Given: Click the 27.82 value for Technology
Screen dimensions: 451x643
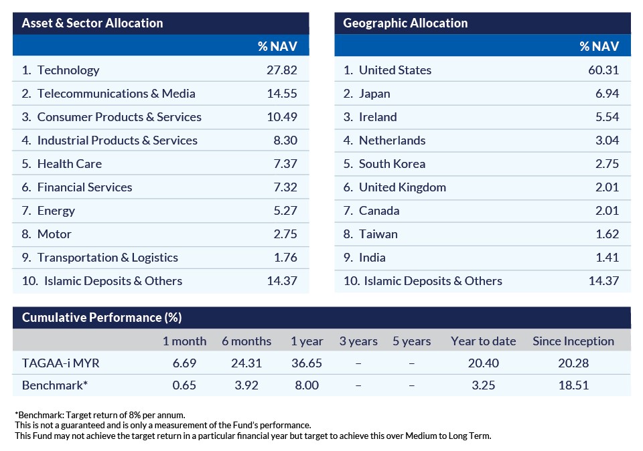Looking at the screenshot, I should tap(281, 70).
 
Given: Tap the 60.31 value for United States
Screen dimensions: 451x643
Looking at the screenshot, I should tap(603, 70).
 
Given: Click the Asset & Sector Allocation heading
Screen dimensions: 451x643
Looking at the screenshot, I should tap(92, 23).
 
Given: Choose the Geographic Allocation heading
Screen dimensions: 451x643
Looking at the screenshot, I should tap(405, 23).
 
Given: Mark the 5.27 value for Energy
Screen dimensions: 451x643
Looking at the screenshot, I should tap(285, 211).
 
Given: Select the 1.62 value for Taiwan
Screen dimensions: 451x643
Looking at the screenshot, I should tap(606, 234).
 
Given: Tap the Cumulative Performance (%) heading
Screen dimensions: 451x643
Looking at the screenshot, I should tap(102, 318).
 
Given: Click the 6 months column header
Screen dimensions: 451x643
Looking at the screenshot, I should tap(246, 341).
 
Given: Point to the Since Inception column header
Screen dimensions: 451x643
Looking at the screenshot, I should tap(573, 341).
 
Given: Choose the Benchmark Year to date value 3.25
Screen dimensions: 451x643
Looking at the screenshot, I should tap(483, 385).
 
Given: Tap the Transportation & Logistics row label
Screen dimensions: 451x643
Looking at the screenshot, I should tap(108, 258).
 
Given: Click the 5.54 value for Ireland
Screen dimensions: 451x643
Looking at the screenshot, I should tap(606, 117).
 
